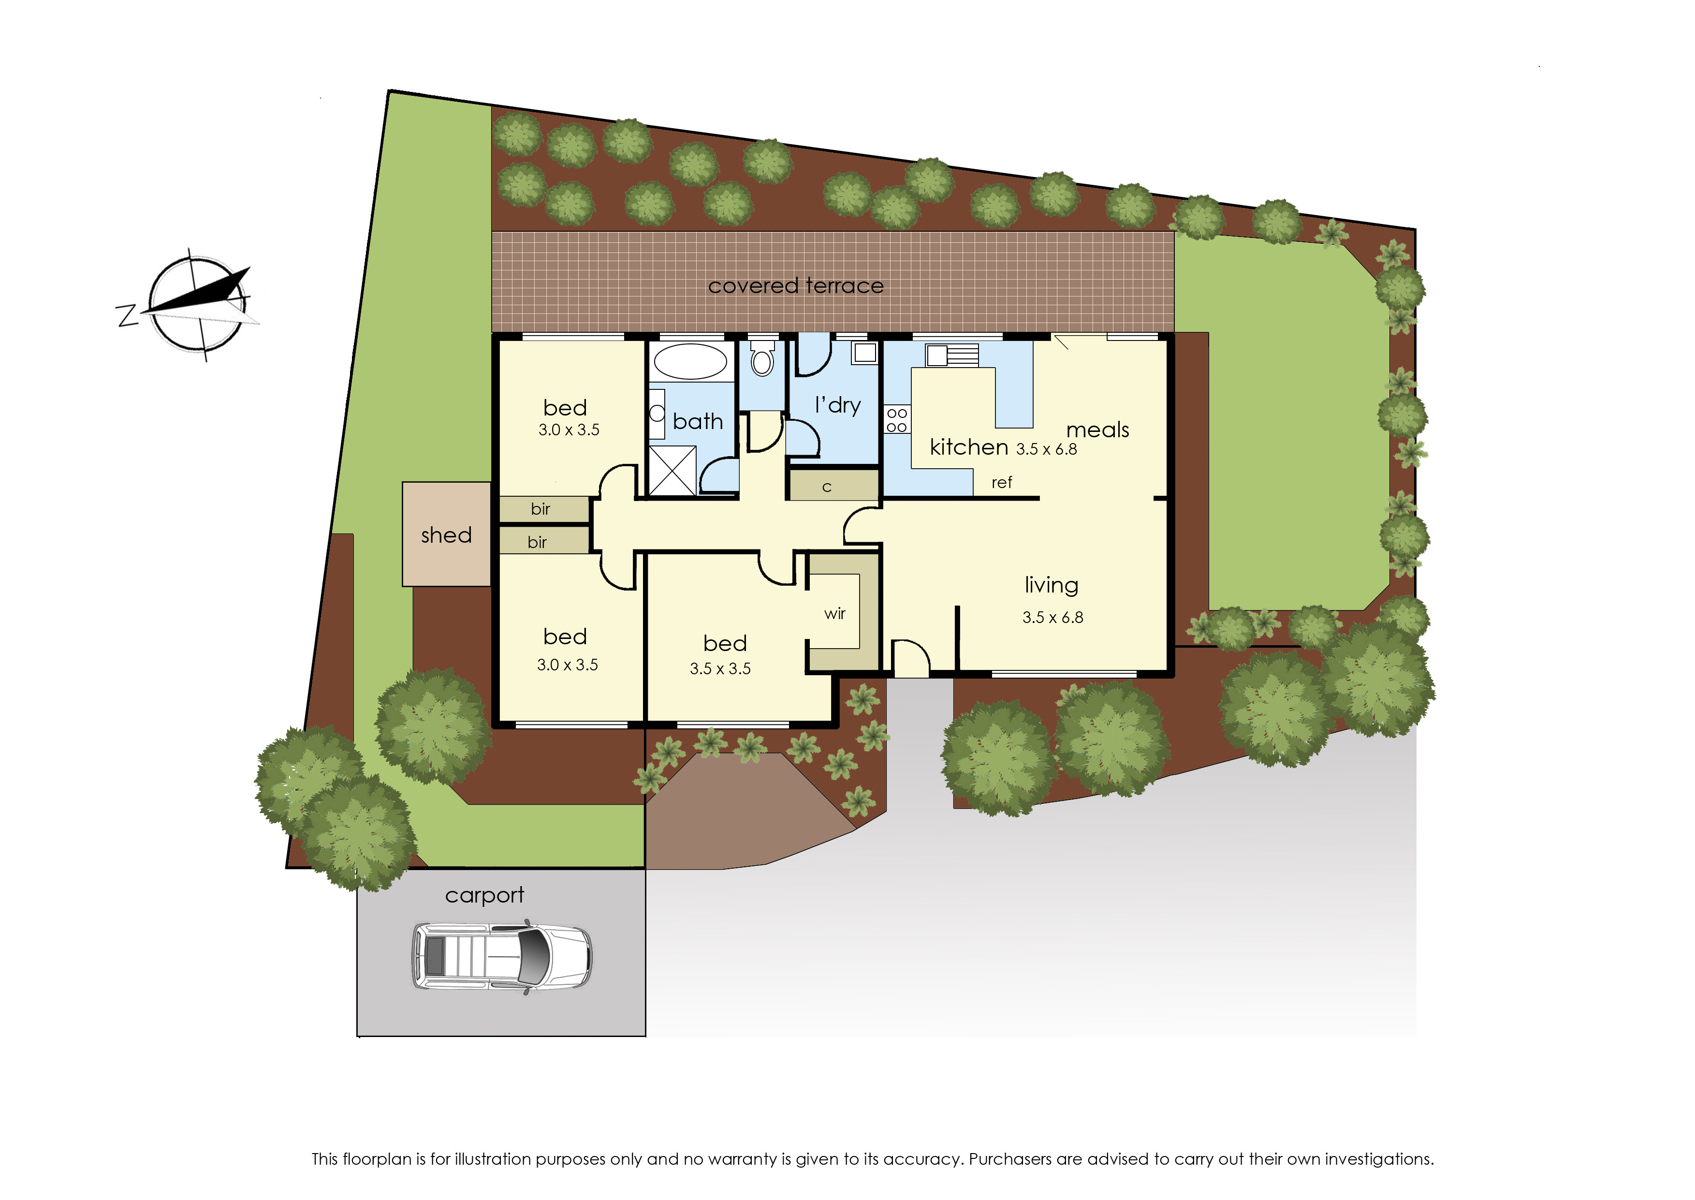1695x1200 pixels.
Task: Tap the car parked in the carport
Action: point(501,955)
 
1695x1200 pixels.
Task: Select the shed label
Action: point(446,535)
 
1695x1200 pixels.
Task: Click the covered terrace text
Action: point(795,286)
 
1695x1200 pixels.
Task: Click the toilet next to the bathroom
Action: point(762,361)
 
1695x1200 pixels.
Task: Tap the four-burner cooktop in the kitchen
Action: point(897,420)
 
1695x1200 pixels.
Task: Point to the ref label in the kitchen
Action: point(1002,483)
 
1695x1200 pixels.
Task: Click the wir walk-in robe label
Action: point(834,613)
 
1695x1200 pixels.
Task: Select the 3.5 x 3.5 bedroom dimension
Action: point(720,669)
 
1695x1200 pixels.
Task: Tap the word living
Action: point(1051,585)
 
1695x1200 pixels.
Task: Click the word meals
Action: point(1097,430)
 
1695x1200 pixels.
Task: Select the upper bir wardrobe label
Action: point(541,509)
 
